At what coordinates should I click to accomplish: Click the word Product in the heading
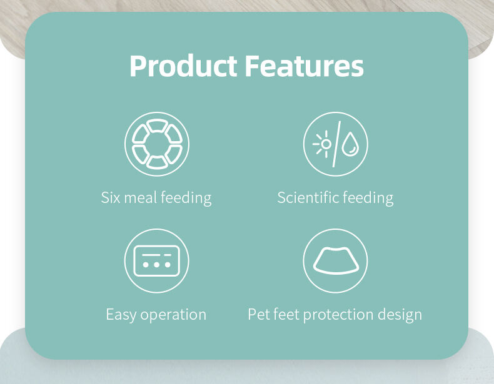183,66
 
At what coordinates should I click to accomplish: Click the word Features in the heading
305,66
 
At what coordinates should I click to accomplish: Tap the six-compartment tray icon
157,144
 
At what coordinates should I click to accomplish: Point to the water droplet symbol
350,144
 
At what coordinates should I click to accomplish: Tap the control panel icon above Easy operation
156,261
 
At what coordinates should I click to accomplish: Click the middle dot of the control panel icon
156,265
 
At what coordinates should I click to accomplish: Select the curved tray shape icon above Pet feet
336,261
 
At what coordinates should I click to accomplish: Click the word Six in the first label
110,198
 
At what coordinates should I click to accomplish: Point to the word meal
141,198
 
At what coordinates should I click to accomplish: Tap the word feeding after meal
186,199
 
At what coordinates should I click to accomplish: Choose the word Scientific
308,198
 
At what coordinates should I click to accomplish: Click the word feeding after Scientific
368,199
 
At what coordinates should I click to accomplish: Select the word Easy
121,315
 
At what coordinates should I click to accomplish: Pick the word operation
173,315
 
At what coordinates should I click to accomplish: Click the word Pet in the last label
258,315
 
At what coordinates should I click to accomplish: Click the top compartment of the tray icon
157,125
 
